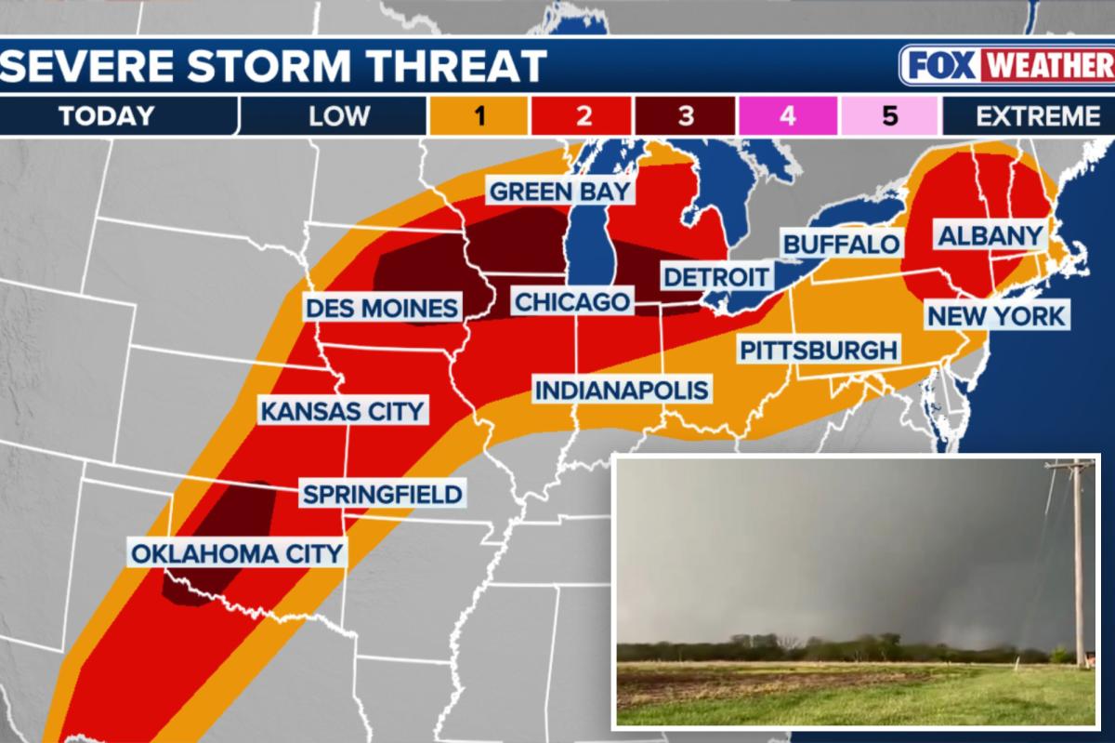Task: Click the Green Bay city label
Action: (560, 192)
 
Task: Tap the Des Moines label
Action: (383, 308)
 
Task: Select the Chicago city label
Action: (571, 302)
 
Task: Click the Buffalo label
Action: (842, 245)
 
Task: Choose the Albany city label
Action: (990, 235)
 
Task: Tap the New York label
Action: (996, 315)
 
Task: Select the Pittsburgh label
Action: (819, 350)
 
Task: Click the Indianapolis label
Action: (621, 389)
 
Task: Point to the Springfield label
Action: (382, 493)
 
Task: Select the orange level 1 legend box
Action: (479, 116)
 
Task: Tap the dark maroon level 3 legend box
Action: (685, 116)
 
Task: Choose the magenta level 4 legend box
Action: (787, 116)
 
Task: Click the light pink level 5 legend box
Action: (889, 116)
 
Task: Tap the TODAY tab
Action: (106, 116)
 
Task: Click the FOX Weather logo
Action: (1006, 66)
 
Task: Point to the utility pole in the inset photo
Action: (1078, 558)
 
